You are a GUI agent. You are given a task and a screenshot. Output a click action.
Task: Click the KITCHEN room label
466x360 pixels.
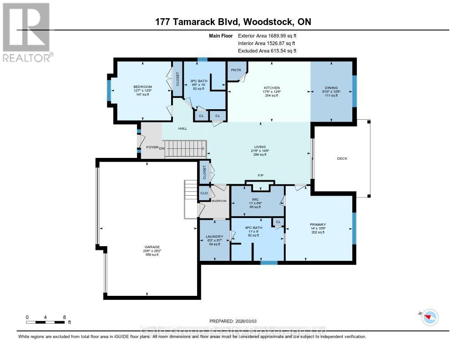(x=272, y=88)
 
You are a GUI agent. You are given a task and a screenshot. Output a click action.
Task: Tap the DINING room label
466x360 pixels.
(x=331, y=88)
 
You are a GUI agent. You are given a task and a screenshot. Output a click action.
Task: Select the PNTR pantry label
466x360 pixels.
(x=235, y=70)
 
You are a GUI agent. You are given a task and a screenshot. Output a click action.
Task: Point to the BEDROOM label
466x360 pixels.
(x=142, y=86)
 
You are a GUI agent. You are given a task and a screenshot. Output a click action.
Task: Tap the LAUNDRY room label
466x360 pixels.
(x=214, y=237)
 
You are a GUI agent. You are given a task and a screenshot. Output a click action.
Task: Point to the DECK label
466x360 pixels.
(x=342, y=159)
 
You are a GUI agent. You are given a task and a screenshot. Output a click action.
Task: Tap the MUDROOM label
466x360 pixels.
(x=219, y=201)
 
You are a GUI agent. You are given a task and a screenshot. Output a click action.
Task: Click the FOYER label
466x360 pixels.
(x=151, y=147)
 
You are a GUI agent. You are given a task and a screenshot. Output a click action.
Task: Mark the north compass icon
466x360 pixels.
(x=430, y=317)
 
